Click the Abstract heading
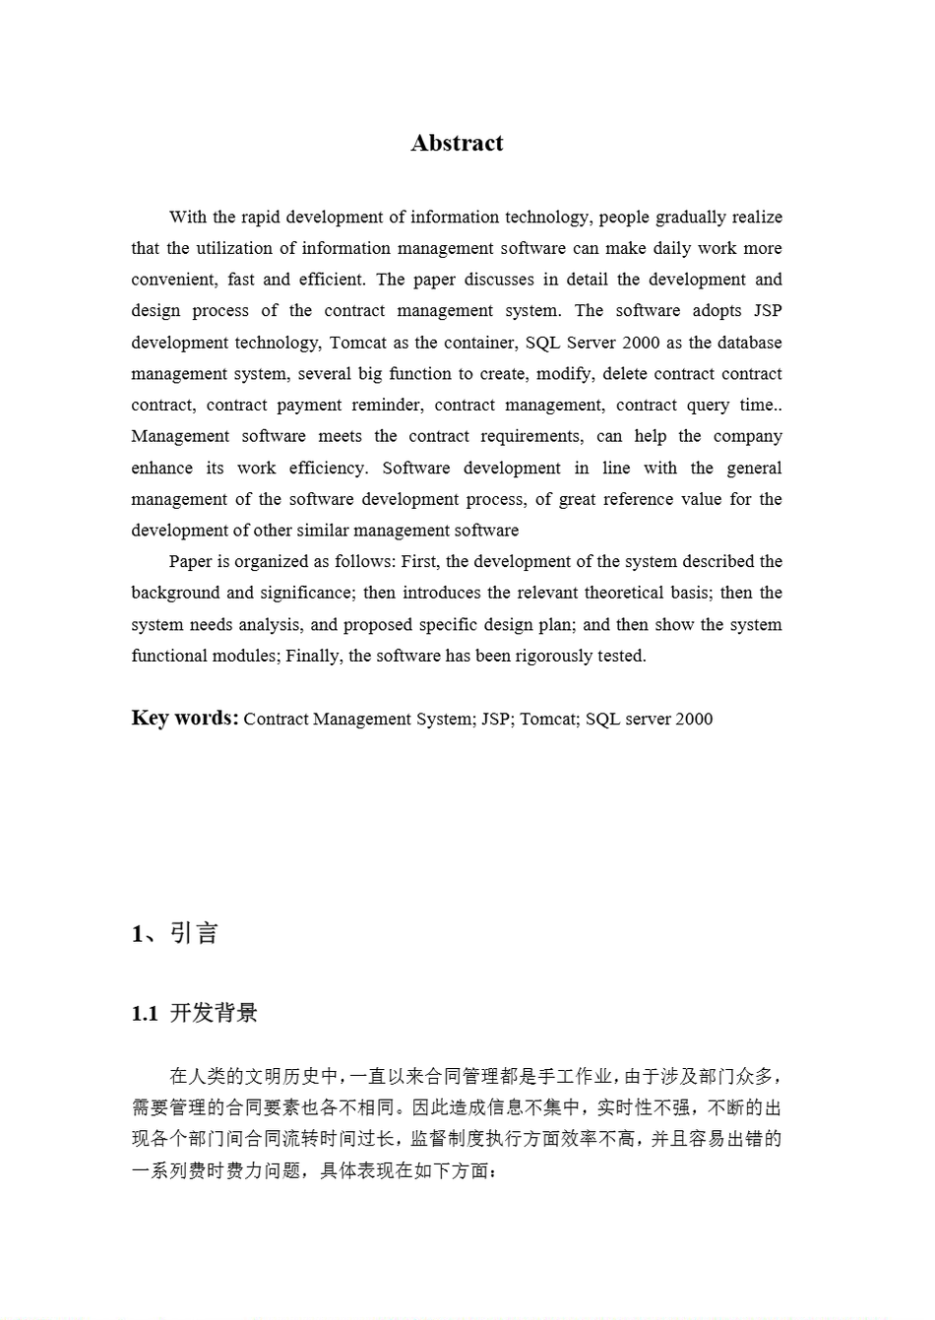point(457,144)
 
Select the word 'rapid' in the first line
point(260,218)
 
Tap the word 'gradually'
point(693,218)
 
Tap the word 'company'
point(747,436)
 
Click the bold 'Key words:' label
point(185,718)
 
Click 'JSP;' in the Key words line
point(496,720)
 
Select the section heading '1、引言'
point(174,933)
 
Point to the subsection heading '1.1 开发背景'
point(195,1014)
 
